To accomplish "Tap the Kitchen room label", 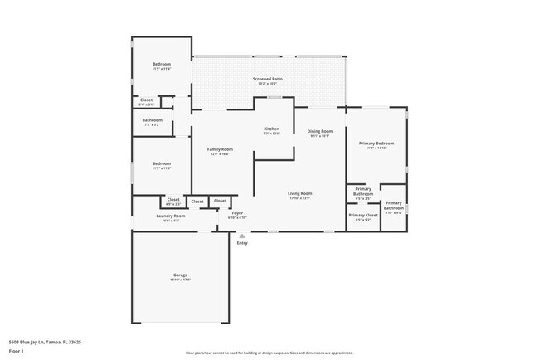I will pos(271,129).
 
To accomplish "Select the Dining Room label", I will pos(320,131).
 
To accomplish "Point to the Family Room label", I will pos(220,149).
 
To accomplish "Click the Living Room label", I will pos(299,193).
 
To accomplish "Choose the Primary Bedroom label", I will pos(376,144).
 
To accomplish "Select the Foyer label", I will pos(237,213).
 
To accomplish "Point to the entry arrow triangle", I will pos(242,236).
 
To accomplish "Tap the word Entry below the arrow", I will pos(242,243).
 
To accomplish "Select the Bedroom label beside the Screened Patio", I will pos(161,65).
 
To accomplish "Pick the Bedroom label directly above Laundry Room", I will pos(161,163).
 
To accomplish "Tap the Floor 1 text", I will pos(16,349).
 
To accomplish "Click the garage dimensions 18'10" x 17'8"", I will pos(180,280).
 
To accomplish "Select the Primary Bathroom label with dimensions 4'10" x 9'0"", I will pos(393,206).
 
